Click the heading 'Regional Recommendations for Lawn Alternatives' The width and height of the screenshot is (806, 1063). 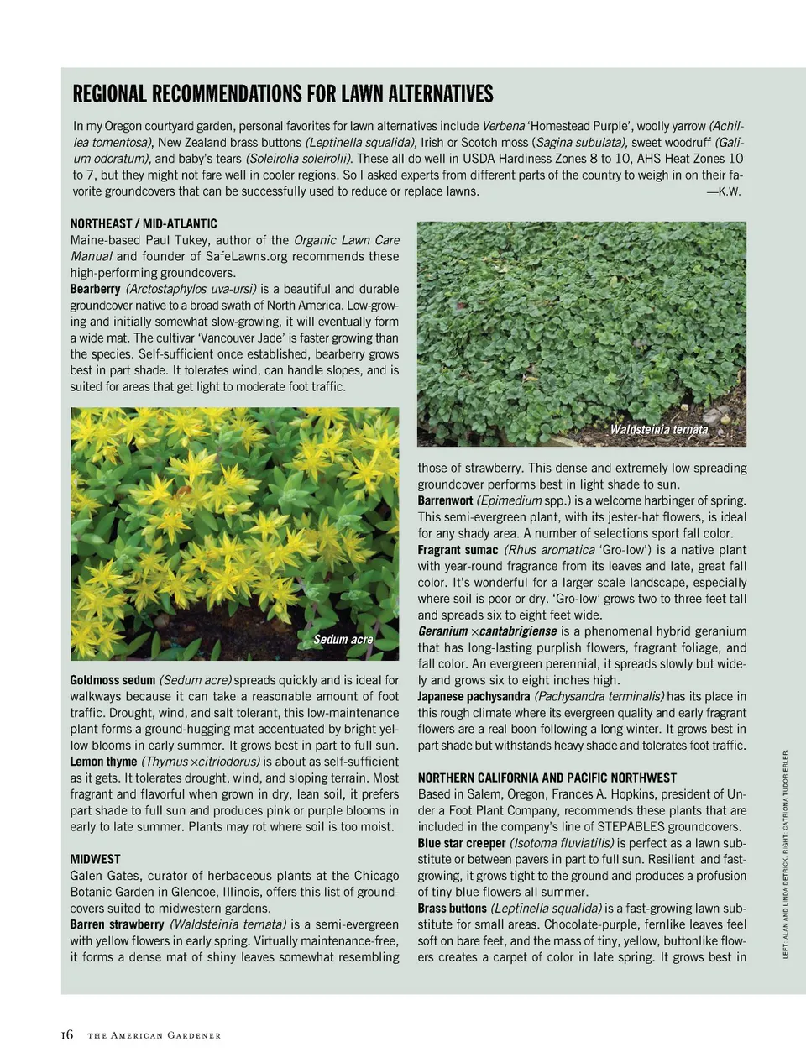283,93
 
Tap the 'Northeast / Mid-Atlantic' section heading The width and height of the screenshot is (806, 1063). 144,223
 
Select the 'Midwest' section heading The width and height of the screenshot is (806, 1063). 95,859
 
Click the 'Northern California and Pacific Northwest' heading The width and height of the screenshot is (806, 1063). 547,778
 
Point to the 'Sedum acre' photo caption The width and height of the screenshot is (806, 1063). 343,640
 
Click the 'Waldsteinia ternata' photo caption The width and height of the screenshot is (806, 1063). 658,430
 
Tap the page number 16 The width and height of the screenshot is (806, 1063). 67,1035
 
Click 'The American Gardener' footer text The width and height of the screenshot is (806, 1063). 154,1036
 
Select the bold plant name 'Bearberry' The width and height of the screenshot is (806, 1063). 96,289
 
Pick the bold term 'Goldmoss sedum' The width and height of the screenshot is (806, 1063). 113,680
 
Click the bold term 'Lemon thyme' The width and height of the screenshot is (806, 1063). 103,762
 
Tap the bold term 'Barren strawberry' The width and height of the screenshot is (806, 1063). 117,924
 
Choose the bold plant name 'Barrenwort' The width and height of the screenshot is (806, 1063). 445,500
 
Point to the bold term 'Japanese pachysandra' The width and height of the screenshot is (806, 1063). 474,696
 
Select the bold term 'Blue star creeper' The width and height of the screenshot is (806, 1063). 461,843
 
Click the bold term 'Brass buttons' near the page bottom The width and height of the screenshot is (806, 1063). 452,909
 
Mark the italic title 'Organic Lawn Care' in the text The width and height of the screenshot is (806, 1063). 346,240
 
